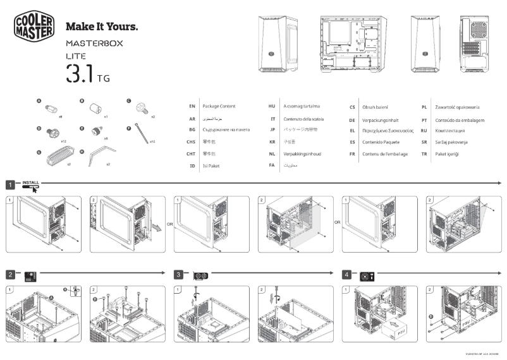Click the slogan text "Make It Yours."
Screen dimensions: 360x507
(102, 27)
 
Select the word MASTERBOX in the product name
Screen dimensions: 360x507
(94, 44)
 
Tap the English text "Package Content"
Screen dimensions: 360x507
(219, 107)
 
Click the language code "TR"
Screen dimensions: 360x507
(424, 154)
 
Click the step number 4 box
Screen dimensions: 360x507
(346, 275)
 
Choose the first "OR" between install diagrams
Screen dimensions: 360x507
(169, 222)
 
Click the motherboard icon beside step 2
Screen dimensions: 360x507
(30, 276)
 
